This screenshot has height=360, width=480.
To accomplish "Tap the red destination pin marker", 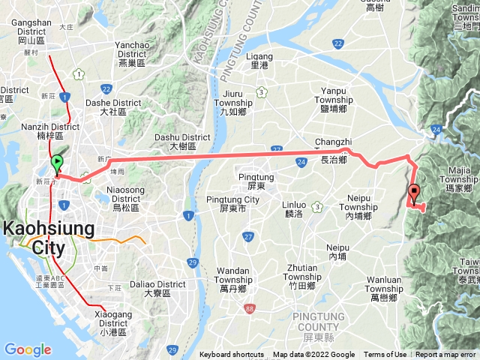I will point(414,193).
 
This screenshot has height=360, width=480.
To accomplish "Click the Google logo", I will point(28,349).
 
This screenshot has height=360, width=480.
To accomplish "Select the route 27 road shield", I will point(247,237).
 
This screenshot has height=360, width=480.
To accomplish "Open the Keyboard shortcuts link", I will point(231,355).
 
